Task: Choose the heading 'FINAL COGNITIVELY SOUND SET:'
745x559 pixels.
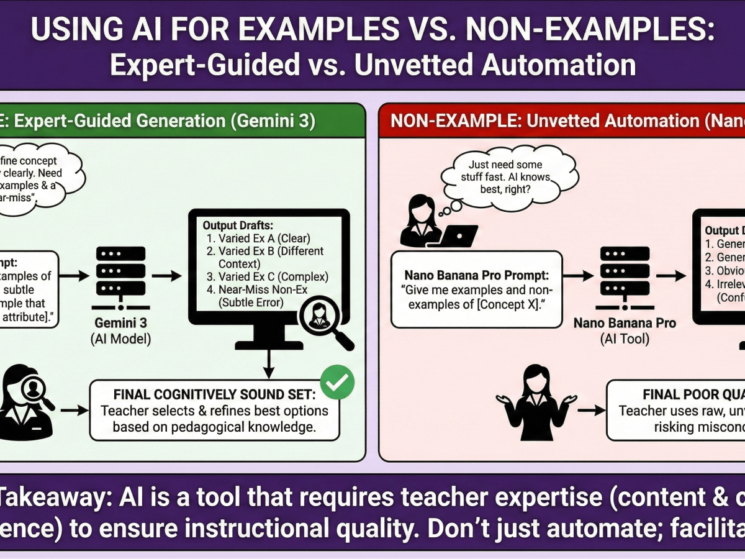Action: (214, 395)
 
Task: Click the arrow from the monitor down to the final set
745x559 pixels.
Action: (269, 361)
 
